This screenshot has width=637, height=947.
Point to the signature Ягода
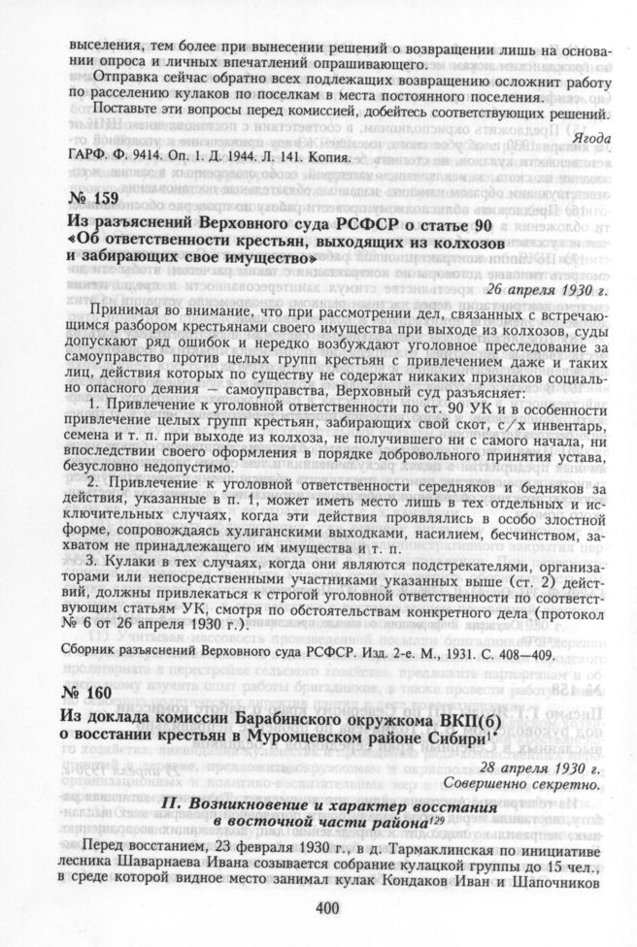[592, 138]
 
